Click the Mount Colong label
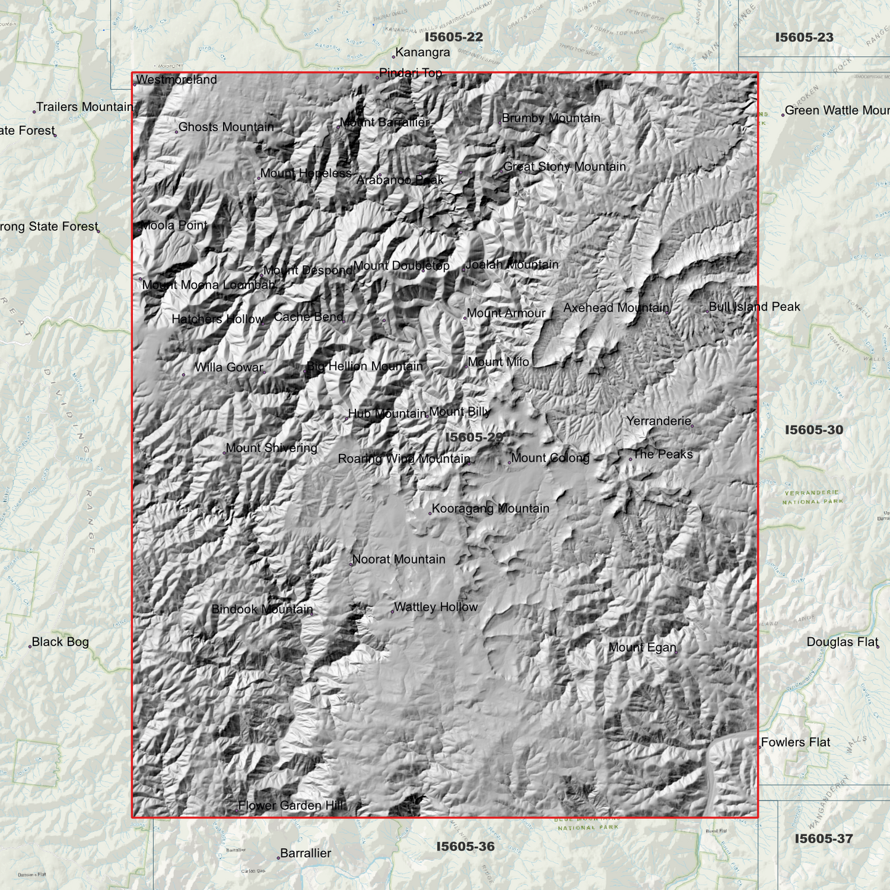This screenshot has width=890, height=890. pyautogui.click(x=550, y=458)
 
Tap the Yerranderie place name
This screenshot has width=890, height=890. pyautogui.click(x=658, y=421)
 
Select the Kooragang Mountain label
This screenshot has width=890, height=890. pyautogui.click(x=490, y=509)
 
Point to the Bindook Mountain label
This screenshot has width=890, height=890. pyautogui.click(x=262, y=609)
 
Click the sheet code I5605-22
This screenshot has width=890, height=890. pyautogui.click(x=453, y=37)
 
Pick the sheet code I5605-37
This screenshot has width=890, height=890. pyautogui.click(x=823, y=838)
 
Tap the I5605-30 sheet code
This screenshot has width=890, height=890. pyautogui.click(x=814, y=430)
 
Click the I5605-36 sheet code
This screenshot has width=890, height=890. pyautogui.click(x=465, y=846)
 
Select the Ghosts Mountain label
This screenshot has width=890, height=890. pyautogui.click(x=225, y=127)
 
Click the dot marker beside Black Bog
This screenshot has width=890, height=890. pyautogui.click(x=30, y=646)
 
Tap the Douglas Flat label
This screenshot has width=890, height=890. pyautogui.click(x=842, y=642)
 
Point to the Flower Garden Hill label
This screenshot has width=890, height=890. pyautogui.click(x=291, y=805)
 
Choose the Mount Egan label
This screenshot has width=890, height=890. pyautogui.click(x=642, y=647)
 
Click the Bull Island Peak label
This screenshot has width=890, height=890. pyautogui.click(x=754, y=307)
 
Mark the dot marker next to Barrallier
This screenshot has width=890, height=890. pyautogui.click(x=278, y=857)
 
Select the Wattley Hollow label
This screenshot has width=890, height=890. pyautogui.click(x=435, y=607)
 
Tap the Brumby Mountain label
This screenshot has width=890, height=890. pyautogui.click(x=551, y=118)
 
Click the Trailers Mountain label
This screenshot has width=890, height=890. pyautogui.click(x=84, y=107)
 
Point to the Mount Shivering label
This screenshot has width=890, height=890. pyautogui.click(x=271, y=448)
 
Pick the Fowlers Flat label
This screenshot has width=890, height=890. pyautogui.click(x=795, y=742)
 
